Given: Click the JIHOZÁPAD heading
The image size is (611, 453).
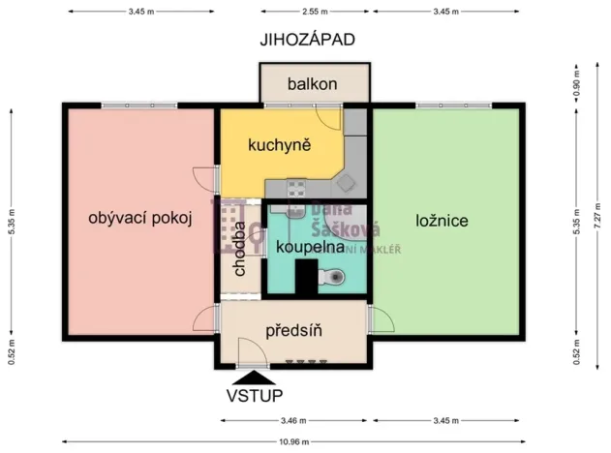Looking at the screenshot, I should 307,40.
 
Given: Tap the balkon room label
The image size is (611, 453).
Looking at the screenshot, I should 312,84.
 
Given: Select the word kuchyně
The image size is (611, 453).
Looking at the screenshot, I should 279,146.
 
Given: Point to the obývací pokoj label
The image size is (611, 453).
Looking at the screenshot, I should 135,219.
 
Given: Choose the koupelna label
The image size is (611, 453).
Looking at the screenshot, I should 310,247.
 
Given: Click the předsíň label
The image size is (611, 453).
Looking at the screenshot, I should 293,330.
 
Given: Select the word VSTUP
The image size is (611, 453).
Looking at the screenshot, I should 255,396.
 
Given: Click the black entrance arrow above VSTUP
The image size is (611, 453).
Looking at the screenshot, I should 254,377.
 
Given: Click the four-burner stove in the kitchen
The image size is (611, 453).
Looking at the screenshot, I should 295,188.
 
